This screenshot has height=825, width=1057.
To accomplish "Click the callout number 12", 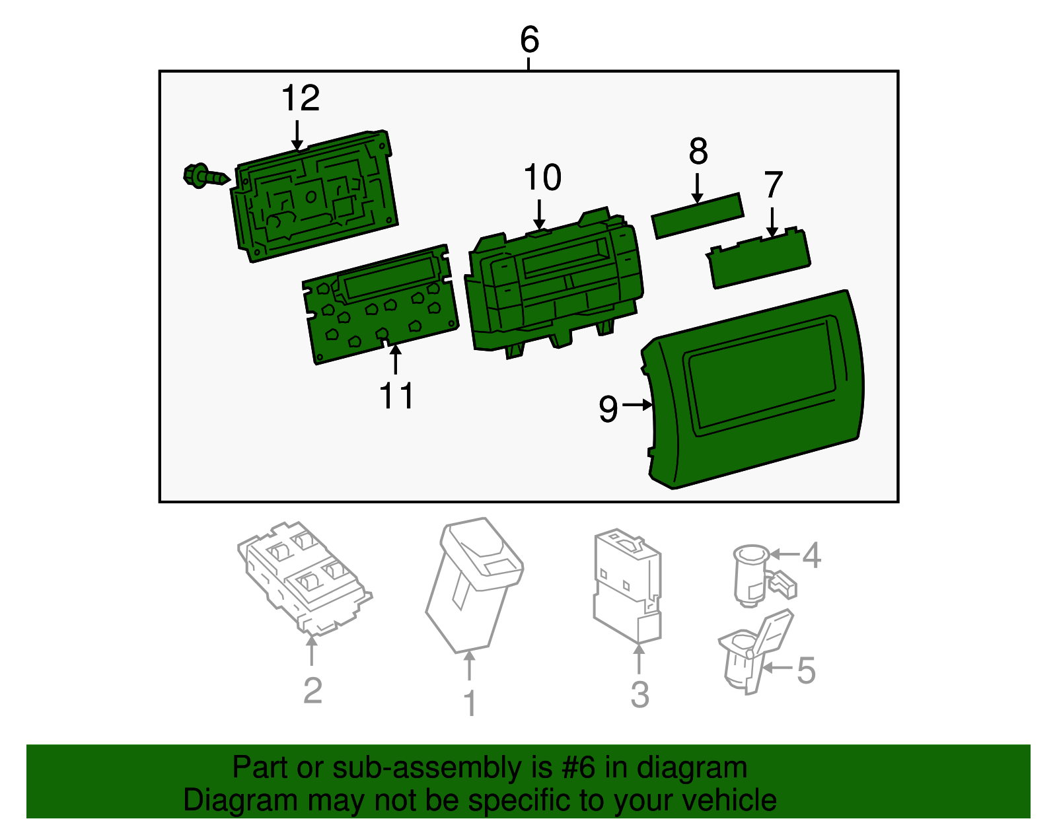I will tap(301, 99).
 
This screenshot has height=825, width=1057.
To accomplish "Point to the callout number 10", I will tap(542, 178).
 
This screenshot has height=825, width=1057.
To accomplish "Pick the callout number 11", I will tap(396, 396).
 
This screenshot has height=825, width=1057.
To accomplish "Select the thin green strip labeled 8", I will tap(698, 216).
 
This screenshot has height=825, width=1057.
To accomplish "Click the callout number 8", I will tap(698, 152).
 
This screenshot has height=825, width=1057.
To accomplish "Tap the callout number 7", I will tap(773, 185).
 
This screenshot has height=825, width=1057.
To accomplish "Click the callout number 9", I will tap(608, 409).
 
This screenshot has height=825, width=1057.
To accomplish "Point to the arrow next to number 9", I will tap(637, 405).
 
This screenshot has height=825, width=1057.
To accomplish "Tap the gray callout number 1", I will tap(470, 704).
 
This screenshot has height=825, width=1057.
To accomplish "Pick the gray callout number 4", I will tap(811, 556).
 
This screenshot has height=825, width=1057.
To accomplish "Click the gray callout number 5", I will tap(807, 670).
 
